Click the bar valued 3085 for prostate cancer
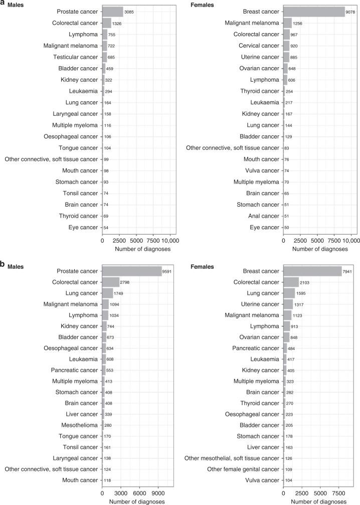click(x=113, y=11)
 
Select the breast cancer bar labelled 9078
click(x=314, y=11)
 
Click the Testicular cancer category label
click(x=76, y=57)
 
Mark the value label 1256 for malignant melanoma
click(x=298, y=23)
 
